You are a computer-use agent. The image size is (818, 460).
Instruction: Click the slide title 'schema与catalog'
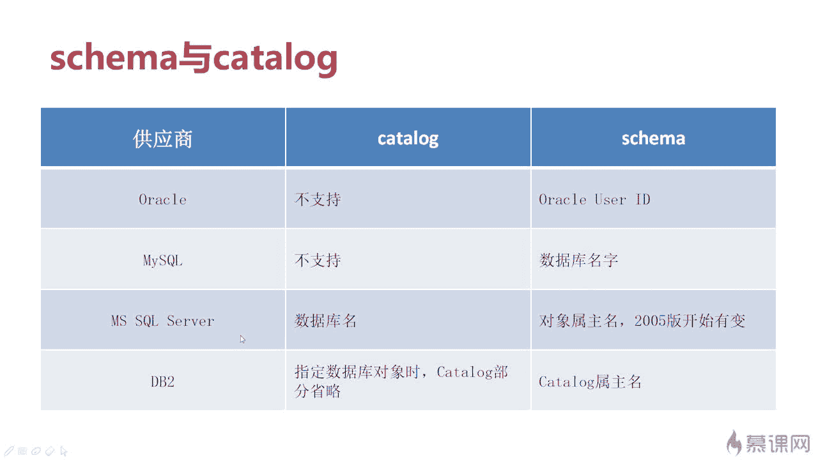pos(194,58)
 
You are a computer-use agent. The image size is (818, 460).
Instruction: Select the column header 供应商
pos(162,139)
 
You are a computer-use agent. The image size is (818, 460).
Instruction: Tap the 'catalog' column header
pos(408,139)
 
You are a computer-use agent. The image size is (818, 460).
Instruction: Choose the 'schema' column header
pos(653,139)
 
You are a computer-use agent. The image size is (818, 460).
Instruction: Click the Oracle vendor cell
pos(162,200)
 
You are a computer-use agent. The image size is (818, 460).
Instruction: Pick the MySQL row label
pos(162,261)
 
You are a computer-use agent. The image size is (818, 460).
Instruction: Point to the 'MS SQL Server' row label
pos(162,321)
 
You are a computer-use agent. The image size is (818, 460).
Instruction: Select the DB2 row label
pos(162,382)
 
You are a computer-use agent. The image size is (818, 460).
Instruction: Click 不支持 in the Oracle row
pos(318,200)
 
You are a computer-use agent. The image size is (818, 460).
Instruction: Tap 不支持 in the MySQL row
pos(318,261)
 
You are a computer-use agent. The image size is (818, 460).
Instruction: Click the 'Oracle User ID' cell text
pos(594,200)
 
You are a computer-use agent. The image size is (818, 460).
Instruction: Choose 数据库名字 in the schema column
pos(578,261)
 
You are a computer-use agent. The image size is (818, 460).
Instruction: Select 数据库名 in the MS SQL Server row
pos(325,321)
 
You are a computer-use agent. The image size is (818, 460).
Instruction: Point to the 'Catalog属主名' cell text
pos(590,382)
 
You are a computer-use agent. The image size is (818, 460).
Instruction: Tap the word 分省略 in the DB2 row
pos(318,391)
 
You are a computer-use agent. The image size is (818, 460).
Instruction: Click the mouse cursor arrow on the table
pos(242,339)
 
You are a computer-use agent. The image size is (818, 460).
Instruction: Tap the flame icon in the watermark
pos(734,443)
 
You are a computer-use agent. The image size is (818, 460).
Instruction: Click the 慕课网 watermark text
pos(778,444)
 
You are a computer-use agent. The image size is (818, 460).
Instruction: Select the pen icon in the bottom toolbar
pos(8,451)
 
